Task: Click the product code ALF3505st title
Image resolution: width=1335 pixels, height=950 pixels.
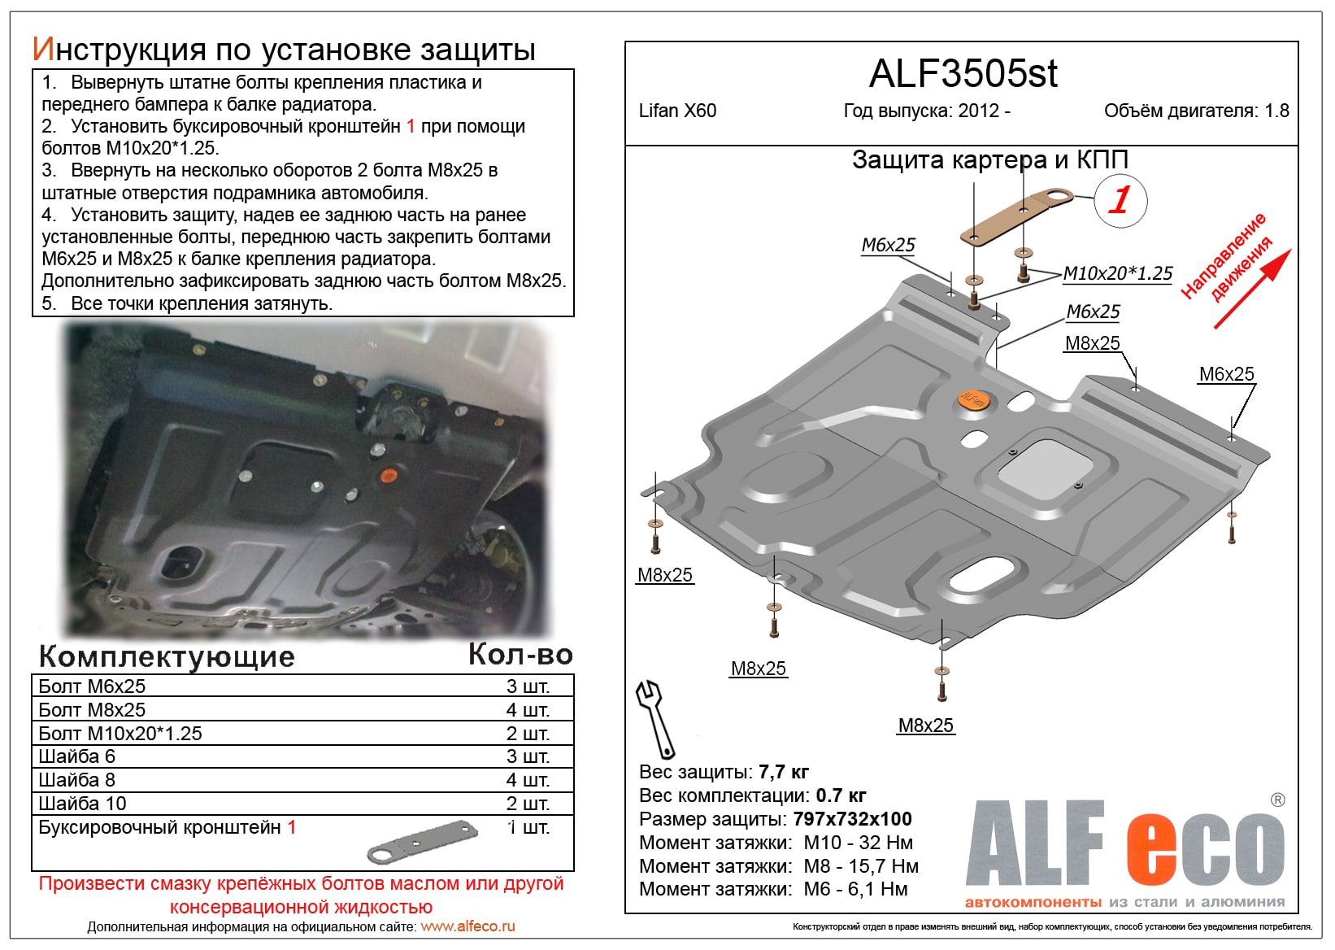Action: point(963,75)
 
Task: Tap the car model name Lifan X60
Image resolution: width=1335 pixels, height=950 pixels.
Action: point(677,111)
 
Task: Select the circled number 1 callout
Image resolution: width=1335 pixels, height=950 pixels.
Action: point(1120,200)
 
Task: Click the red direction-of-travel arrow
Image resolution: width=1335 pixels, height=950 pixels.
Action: point(1252,289)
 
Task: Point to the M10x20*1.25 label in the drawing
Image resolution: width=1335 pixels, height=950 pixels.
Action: point(1118,274)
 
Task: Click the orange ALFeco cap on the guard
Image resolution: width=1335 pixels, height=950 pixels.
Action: point(973,399)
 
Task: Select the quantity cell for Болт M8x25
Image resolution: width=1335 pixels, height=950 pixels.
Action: point(528,710)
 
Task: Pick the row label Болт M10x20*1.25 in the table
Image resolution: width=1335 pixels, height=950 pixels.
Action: point(120,734)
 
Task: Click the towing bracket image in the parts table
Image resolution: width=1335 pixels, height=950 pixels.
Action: point(423,841)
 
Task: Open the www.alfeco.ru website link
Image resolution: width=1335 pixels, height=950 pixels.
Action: point(467,926)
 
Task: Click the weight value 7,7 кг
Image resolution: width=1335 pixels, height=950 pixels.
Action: point(783,772)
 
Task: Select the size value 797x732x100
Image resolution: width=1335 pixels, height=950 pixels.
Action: point(852,819)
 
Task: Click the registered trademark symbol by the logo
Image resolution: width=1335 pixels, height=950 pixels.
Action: point(1277,800)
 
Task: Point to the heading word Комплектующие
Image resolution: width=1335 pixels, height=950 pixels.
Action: point(167,656)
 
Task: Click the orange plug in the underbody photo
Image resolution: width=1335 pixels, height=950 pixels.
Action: point(389,474)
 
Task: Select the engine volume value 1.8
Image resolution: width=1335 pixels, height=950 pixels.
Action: point(1276,111)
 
